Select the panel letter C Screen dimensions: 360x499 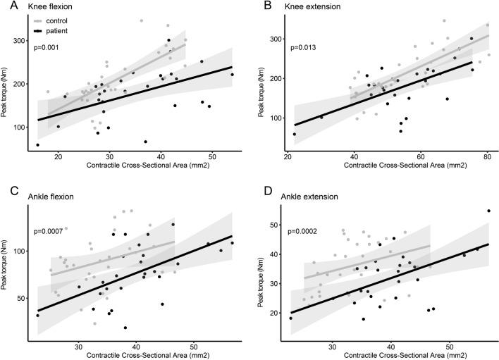pyautogui.click(x=6, y=190)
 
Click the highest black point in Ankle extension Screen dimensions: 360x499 pyautogui.click(x=488, y=211)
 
